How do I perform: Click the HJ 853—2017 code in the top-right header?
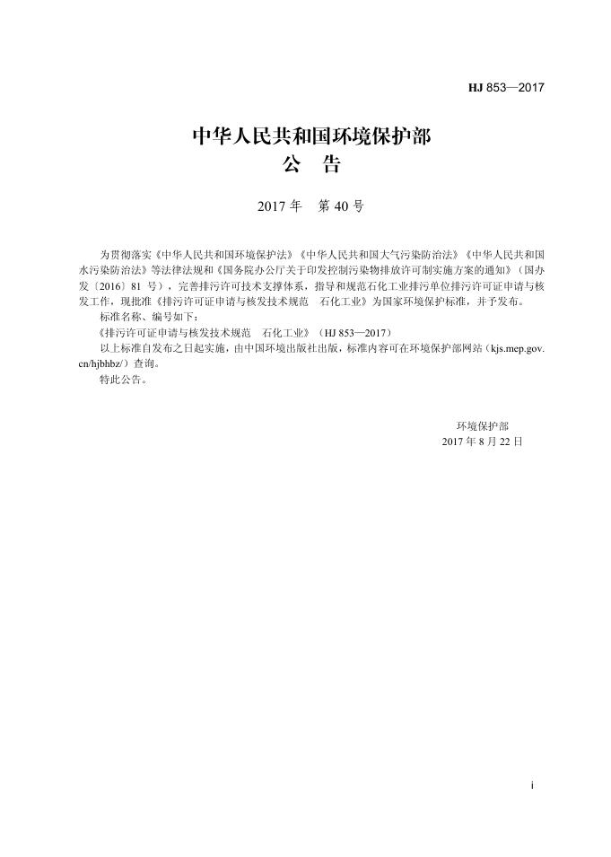coord(506,88)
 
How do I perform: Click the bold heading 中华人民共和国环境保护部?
coord(312,137)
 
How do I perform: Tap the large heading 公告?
coord(311,165)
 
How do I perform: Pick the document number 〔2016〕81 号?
coord(131,285)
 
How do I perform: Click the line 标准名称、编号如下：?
coord(145,317)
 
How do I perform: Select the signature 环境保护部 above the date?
coord(482,426)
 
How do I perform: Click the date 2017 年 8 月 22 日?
coord(482,442)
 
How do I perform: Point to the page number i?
coord(532,785)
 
